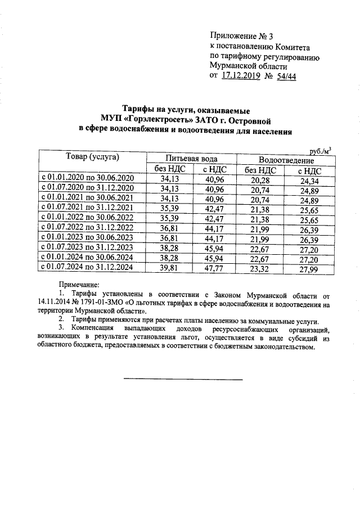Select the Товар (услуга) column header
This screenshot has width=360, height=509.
[92, 157]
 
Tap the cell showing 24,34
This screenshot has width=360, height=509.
[309, 181]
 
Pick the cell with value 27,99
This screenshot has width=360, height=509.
[309, 269]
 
